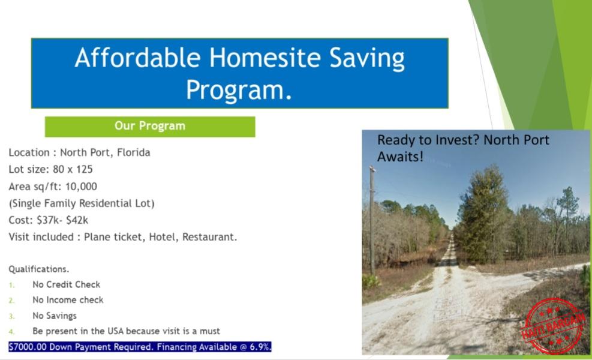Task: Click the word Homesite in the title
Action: [x=265, y=58]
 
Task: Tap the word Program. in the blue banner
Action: [x=239, y=90]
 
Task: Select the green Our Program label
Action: [x=150, y=127]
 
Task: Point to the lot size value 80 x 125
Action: [x=73, y=169]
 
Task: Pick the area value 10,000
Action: [x=81, y=186]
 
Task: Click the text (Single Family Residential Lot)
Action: [x=82, y=203]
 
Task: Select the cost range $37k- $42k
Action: [x=62, y=220]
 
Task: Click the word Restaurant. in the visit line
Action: [x=209, y=237]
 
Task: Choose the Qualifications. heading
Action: [x=39, y=269]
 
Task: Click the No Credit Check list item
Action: [x=67, y=284]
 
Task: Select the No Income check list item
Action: [x=68, y=300]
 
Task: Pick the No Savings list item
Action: [x=55, y=316]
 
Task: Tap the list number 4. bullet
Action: [x=12, y=332]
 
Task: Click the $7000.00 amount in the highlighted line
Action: [x=28, y=347]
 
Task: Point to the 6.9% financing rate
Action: [x=260, y=347]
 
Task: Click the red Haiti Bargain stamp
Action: [x=554, y=326]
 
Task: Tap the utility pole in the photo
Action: [x=372, y=220]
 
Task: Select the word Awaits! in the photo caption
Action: [x=400, y=157]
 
